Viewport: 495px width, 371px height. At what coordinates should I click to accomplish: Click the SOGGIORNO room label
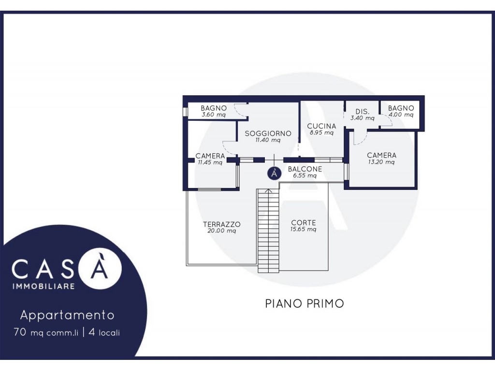click(x=268, y=133)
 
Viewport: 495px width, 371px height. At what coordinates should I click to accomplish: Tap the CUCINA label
click(x=321, y=126)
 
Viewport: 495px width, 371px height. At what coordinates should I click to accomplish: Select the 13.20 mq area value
click(x=381, y=162)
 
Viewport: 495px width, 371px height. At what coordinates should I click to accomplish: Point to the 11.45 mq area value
click(x=210, y=163)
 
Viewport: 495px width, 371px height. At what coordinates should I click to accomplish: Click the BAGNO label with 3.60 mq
click(x=214, y=108)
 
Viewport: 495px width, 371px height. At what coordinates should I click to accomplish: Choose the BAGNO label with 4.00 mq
click(x=401, y=108)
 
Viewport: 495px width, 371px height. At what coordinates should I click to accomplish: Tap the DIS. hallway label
click(x=363, y=112)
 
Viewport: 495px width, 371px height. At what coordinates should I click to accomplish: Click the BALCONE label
click(x=305, y=169)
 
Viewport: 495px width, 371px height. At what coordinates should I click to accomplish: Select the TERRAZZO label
click(x=221, y=224)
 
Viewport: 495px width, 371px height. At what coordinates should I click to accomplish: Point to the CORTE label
click(x=304, y=223)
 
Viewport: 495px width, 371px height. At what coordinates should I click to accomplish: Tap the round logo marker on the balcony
click(x=275, y=173)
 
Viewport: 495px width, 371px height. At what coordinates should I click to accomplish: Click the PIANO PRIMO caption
click(x=305, y=303)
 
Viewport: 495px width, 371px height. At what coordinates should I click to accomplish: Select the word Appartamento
click(x=67, y=315)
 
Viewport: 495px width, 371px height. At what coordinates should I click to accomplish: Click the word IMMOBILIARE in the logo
click(x=43, y=286)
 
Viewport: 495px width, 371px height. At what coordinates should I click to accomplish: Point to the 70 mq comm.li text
click(x=46, y=332)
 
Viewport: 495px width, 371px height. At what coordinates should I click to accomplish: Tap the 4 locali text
click(x=104, y=332)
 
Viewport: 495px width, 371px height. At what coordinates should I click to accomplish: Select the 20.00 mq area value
click(x=221, y=231)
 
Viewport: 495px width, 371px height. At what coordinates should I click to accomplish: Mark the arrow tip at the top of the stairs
click(x=268, y=189)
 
